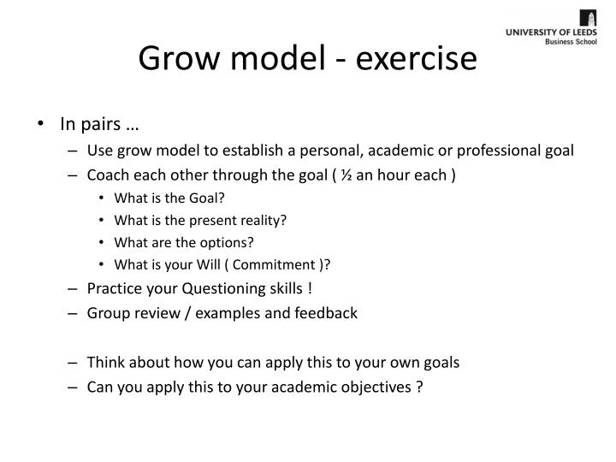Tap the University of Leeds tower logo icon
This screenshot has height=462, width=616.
coord(589,19)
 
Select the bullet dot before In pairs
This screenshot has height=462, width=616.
coord(43,124)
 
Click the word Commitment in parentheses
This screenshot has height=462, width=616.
coord(254,263)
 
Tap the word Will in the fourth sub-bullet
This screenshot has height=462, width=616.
coord(186,263)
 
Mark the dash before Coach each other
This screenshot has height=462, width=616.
coord(76,176)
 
